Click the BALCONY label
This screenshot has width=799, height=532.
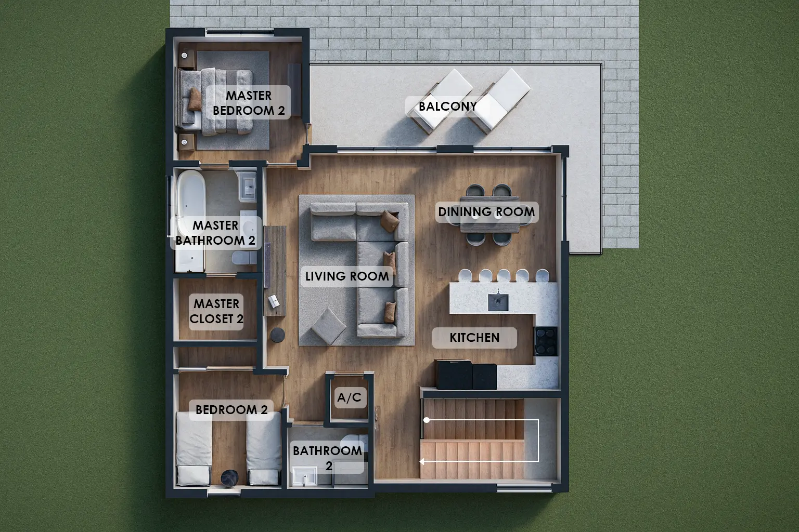click(448, 106)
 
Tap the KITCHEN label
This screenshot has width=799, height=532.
click(474, 338)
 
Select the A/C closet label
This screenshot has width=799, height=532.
click(349, 397)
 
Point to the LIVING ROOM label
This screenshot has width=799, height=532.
click(347, 276)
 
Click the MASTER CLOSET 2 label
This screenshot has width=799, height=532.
click(216, 311)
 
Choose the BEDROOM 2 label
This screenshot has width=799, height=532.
click(231, 410)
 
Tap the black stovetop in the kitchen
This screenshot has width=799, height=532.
click(546, 341)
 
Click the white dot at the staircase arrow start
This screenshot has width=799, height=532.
click(427, 420)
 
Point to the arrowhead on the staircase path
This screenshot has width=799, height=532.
click(422, 461)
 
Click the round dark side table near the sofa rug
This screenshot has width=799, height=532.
click(277, 335)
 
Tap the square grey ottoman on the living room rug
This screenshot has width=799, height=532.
click(329, 326)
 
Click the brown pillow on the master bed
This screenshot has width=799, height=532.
click(195, 99)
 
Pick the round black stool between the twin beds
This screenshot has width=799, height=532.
click(229, 478)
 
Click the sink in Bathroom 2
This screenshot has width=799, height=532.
click(305, 477)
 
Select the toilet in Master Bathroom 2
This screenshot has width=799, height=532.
click(244, 258)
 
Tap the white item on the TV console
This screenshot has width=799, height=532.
click(274, 301)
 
